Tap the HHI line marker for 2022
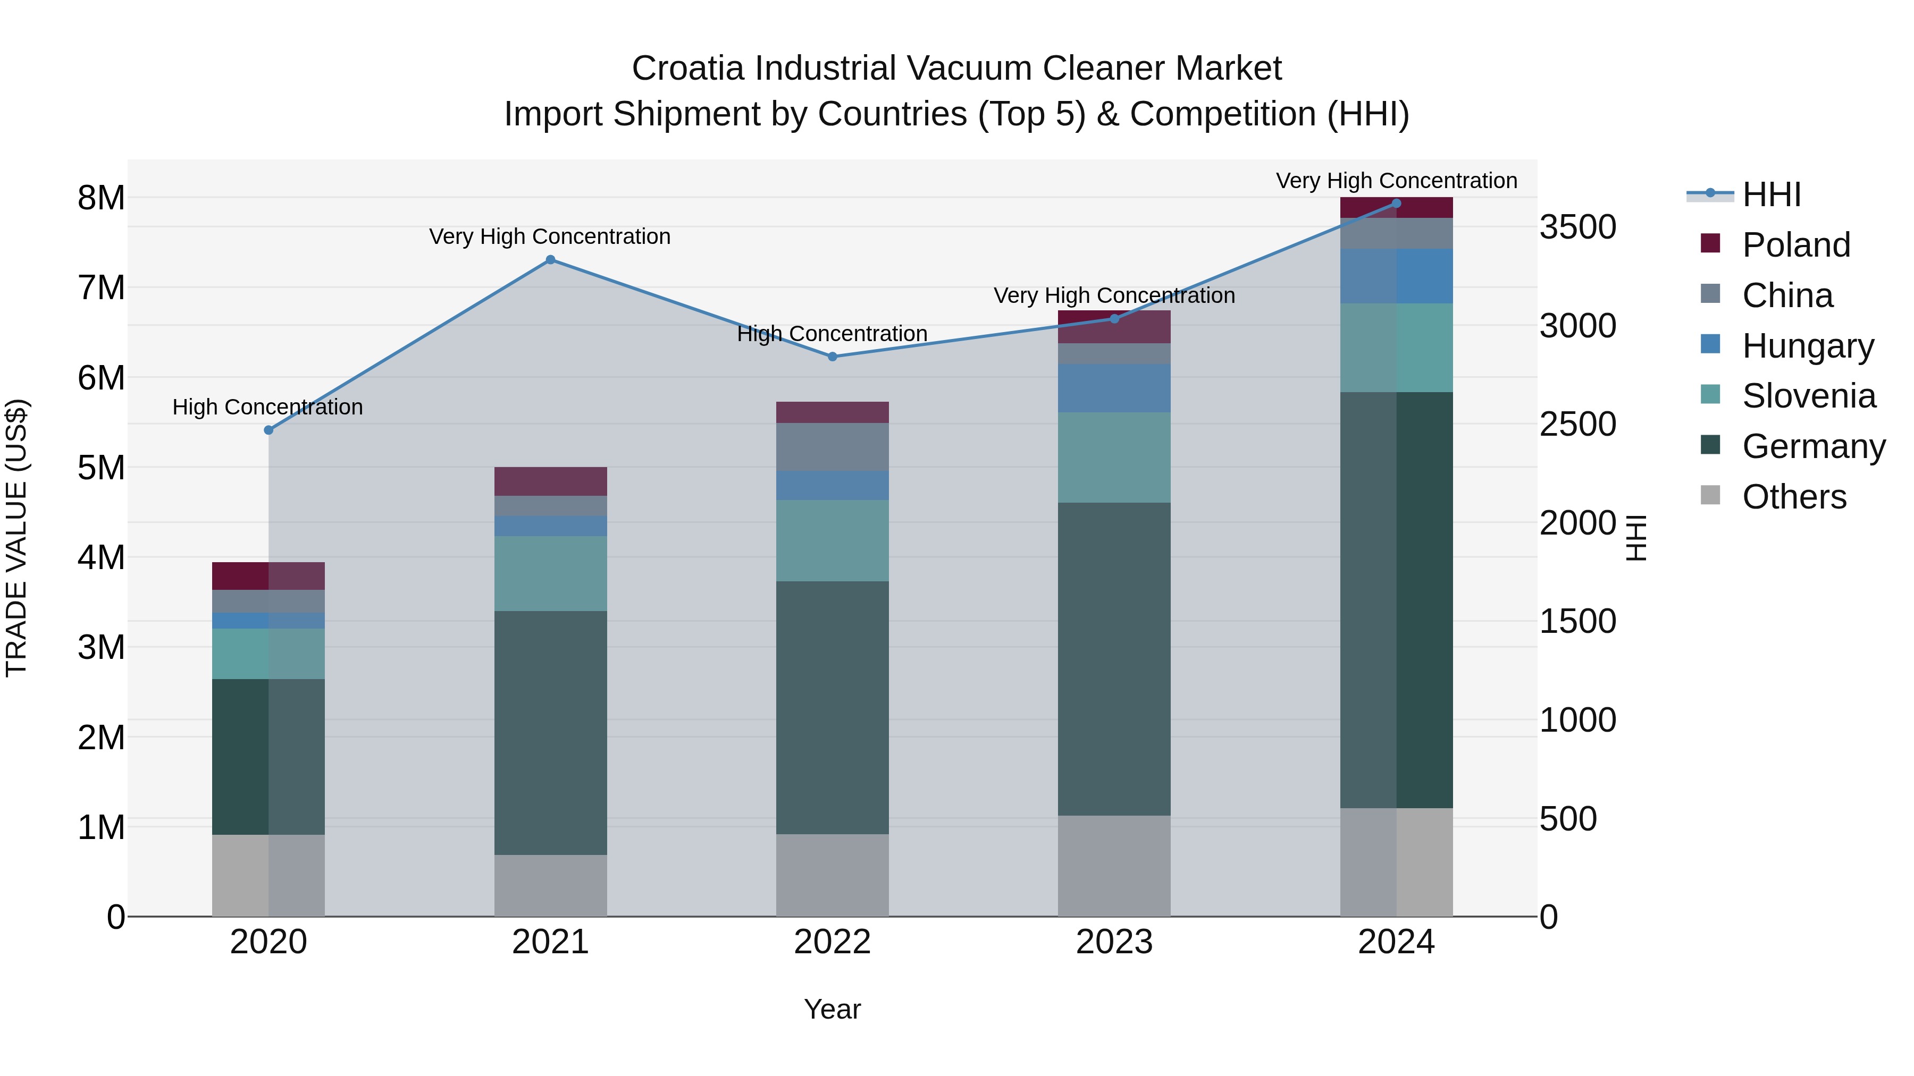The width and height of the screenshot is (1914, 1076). pos(832,357)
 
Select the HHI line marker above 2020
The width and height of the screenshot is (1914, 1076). pos(268,430)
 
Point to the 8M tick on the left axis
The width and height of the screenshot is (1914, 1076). pos(101,198)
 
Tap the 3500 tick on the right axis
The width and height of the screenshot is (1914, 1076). pos(1577,227)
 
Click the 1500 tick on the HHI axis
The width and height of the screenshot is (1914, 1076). pos(1577,622)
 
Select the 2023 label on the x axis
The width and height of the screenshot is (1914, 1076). pos(1114,942)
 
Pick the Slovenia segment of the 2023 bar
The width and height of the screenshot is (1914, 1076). pos(1114,457)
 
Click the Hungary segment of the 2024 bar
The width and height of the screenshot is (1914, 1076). pos(1396,276)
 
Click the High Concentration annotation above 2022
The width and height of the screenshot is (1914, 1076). pos(832,334)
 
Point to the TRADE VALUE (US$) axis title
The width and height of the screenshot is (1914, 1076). pos(16,538)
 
